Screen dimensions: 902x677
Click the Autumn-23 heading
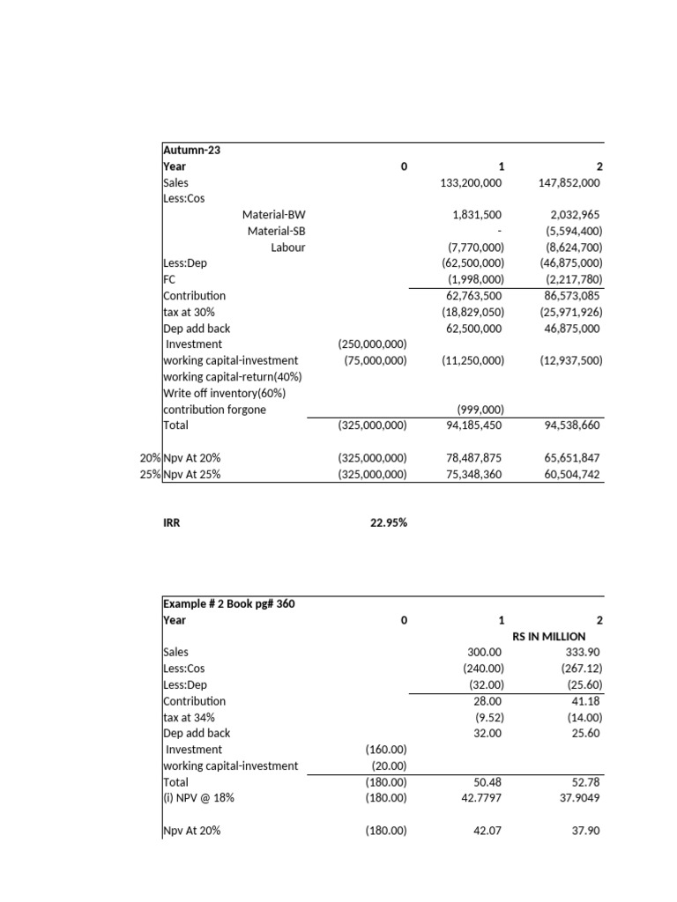pos(192,150)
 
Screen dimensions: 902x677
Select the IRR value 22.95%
pos(388,522)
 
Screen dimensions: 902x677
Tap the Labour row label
pos(287,248)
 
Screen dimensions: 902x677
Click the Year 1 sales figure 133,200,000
pos(471,182)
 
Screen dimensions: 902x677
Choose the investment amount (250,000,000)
pos(372,344)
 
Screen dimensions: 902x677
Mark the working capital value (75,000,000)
pos(376,360)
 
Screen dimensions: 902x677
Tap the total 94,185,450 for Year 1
pos(471,425)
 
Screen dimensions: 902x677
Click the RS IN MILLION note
pos(548,636)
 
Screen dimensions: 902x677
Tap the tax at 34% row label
pos(189,717)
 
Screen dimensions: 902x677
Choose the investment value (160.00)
pos(385,750)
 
